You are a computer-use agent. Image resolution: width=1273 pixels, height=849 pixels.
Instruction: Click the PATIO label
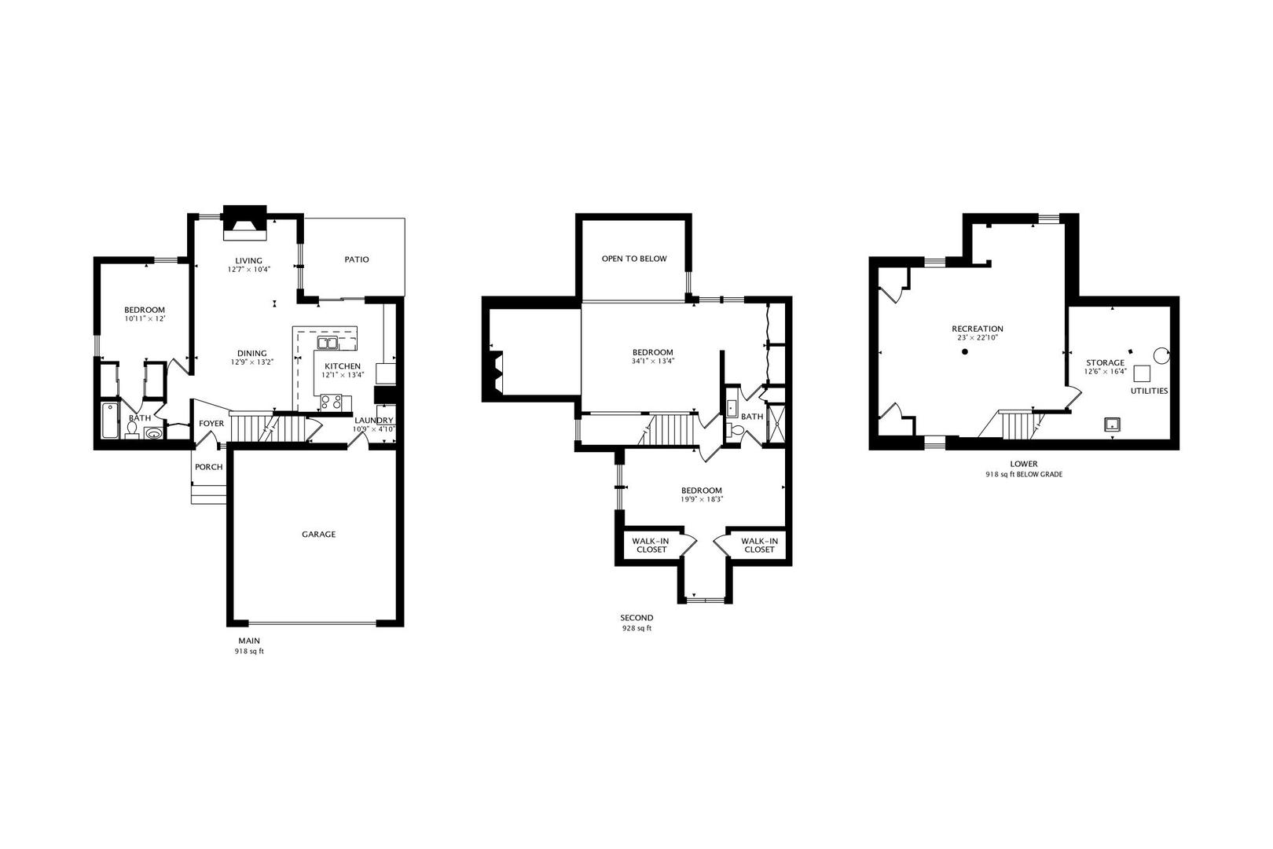[356, 259]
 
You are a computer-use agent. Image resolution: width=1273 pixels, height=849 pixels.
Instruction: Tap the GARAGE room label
[318, 534]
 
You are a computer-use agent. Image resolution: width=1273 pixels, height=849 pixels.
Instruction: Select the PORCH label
[208, 467]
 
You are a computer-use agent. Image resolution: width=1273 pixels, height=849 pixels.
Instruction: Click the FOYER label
[211, 424]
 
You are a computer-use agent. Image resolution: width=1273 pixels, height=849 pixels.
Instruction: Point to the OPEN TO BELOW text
[634, 259]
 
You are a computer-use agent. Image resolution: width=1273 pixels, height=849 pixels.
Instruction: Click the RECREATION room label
[978, 329]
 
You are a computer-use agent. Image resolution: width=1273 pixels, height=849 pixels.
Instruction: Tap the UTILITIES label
[1149, 391]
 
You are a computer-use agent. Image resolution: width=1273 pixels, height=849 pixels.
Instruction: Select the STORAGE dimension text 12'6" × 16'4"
[1106, 371]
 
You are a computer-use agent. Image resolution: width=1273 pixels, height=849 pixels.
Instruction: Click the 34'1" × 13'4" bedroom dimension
[652, 361]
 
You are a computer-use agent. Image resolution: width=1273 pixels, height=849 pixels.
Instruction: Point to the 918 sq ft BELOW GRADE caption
[1024, 474]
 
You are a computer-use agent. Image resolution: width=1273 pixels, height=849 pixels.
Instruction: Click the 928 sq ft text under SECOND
[636, 628]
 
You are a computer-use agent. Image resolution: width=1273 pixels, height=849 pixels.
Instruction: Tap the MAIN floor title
[249, 641]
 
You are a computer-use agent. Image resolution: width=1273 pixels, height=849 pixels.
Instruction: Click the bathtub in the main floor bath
[110, 421]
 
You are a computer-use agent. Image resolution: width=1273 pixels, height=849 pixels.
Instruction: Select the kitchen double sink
[328, 342]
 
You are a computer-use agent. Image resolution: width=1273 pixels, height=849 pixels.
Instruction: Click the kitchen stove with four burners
[332, 402]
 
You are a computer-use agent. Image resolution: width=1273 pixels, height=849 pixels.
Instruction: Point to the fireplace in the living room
[245, 222]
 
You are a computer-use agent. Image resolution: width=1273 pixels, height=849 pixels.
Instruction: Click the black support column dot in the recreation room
[964, 352]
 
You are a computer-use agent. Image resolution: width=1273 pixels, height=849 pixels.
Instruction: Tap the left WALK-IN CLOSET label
[651, 546]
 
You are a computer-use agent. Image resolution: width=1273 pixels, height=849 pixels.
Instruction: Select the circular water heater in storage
[1161, 356]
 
